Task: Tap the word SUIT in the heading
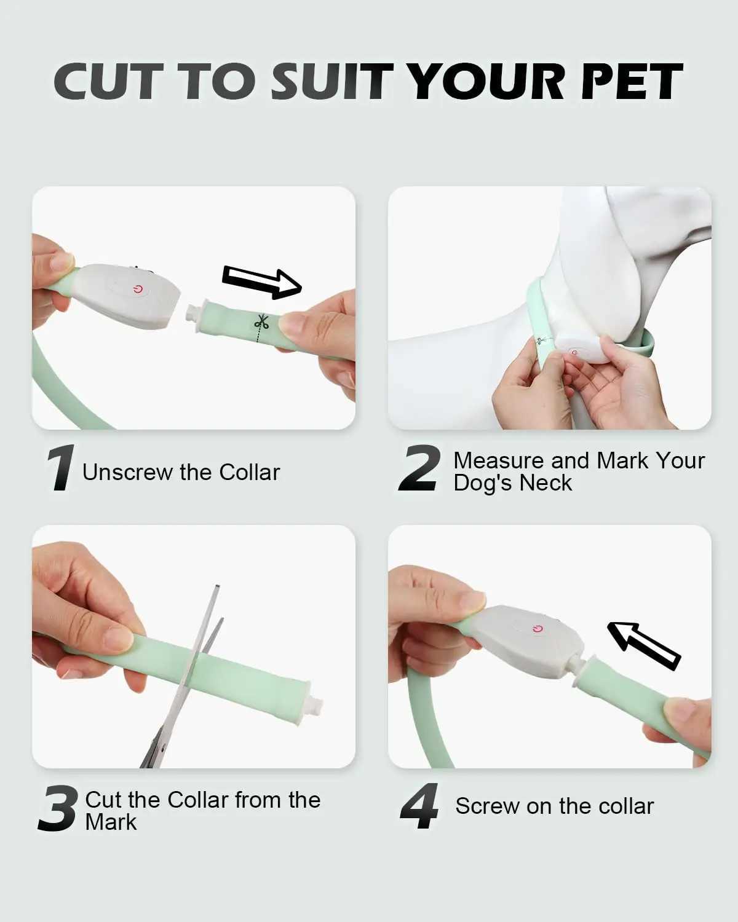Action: coord(331,81)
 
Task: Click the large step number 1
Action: coord(61,467)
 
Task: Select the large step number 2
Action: coord(419,467)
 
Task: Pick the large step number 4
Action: coord(419,806)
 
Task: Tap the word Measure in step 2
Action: coord(499,461)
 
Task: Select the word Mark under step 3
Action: coord(111,822)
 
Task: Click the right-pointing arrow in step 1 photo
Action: coord(261,282)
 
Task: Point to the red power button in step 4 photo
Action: coord(538,629)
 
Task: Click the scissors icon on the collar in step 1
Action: coord(261,321)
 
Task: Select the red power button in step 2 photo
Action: coord(574,352)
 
